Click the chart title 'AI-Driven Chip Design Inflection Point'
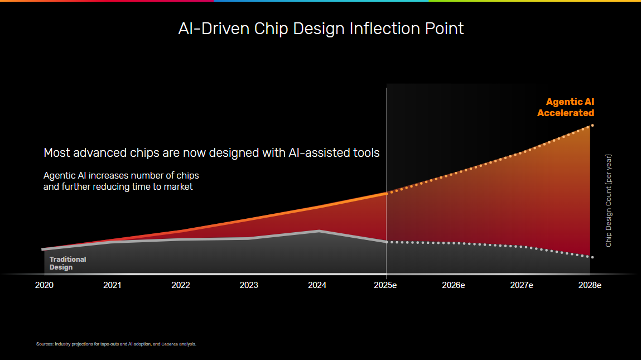(321, 28)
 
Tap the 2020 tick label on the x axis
(44, 285)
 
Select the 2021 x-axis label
(112, 285)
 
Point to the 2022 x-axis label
(181, 285)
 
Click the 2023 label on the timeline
(249, 285)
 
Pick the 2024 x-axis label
(317, 285)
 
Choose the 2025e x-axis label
(386, 285)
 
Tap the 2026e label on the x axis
(454, 285)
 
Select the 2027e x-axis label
(522, 285)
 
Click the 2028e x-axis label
(590, 285)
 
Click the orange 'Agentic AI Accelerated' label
(566, 107)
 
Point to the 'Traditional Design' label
(68, 263)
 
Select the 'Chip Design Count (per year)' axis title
(609, 200)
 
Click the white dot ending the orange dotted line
(592, 126)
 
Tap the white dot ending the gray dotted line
(592, 257)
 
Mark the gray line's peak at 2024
(319, 231)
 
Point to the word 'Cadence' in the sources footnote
(170, 344)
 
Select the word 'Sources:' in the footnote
(45, 344)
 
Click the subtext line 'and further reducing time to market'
(118, 187)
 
